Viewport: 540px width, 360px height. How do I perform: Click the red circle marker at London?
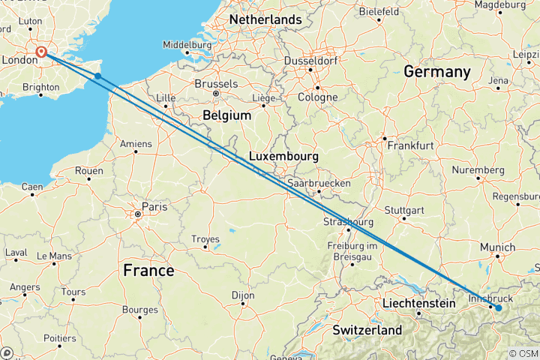tap(42, 52)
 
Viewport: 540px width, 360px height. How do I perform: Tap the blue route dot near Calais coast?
tap(97, 76)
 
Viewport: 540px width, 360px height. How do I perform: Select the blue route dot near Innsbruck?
tap(498, 307)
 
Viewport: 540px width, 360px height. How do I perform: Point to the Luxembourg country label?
tap(283, 157)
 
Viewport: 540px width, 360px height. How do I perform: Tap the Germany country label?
tap(436, 72)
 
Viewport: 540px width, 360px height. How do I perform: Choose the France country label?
tap(149, 270)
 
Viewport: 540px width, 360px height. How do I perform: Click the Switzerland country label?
tap(367, 330)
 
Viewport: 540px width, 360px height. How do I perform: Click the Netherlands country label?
tap(265, 19)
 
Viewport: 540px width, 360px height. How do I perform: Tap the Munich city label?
tap(497, 247)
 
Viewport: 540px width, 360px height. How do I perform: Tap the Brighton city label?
tap(41, 87)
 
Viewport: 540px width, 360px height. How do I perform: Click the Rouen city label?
tap(88, 170)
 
